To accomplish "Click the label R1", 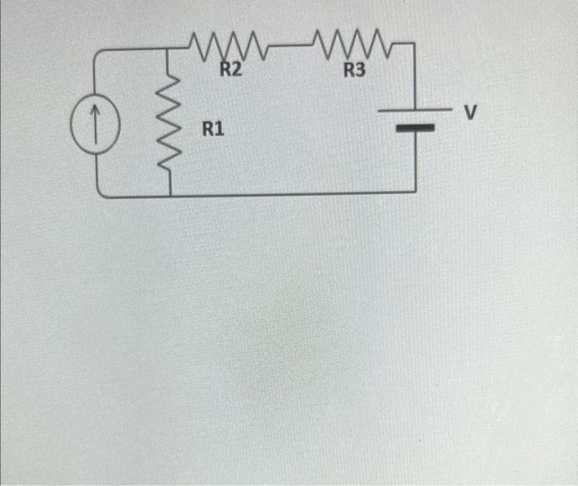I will (x=213, y=129).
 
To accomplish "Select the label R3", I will (x=353, y=70).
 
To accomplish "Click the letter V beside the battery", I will (x=471, y=112).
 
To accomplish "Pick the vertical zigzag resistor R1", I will (x=169, y=124).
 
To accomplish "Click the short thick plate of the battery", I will (x=414, y=129).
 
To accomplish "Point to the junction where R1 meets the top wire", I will (x=169, y=49).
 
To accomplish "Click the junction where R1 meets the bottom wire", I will (x=170, y=196).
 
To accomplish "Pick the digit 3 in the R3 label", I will (x=360, y=70).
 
